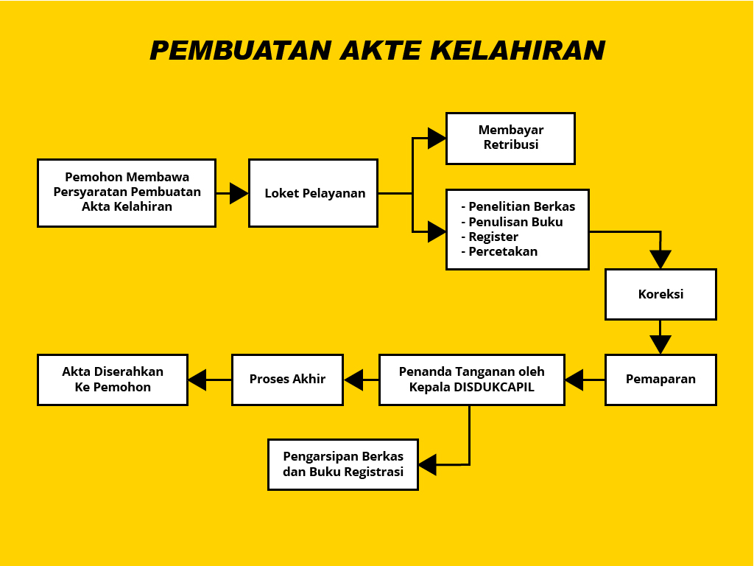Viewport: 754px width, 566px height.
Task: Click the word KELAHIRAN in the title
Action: tap(518, 50)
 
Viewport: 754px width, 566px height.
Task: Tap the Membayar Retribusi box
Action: tap(510, 138)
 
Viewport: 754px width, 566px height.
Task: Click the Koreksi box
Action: tap(660, 294)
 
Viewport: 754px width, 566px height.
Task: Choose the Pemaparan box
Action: tap(660, 380)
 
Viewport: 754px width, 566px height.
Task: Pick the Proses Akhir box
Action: tap(287, 380)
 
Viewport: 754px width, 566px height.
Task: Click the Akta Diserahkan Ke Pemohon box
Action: tap(113, 380)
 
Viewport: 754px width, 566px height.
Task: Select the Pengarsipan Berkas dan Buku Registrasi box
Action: tap(343, 464)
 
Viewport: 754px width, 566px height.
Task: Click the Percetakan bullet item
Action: tap(503, 251)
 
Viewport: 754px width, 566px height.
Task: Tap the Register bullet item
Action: tap(493, 237)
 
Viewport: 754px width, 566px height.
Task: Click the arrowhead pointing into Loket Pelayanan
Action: tap(239, 193)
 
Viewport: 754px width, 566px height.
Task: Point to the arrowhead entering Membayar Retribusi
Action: tap(437, 138)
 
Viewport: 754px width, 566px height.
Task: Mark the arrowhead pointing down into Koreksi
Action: tap(660, 259)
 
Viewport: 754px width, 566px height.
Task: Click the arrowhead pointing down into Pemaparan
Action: tap(660, 345)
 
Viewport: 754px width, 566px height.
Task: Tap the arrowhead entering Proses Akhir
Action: tap(353, 380)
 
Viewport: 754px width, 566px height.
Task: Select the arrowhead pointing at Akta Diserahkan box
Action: tap(197, 380)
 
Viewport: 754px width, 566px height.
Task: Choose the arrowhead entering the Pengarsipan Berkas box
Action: tap(428, 464)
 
